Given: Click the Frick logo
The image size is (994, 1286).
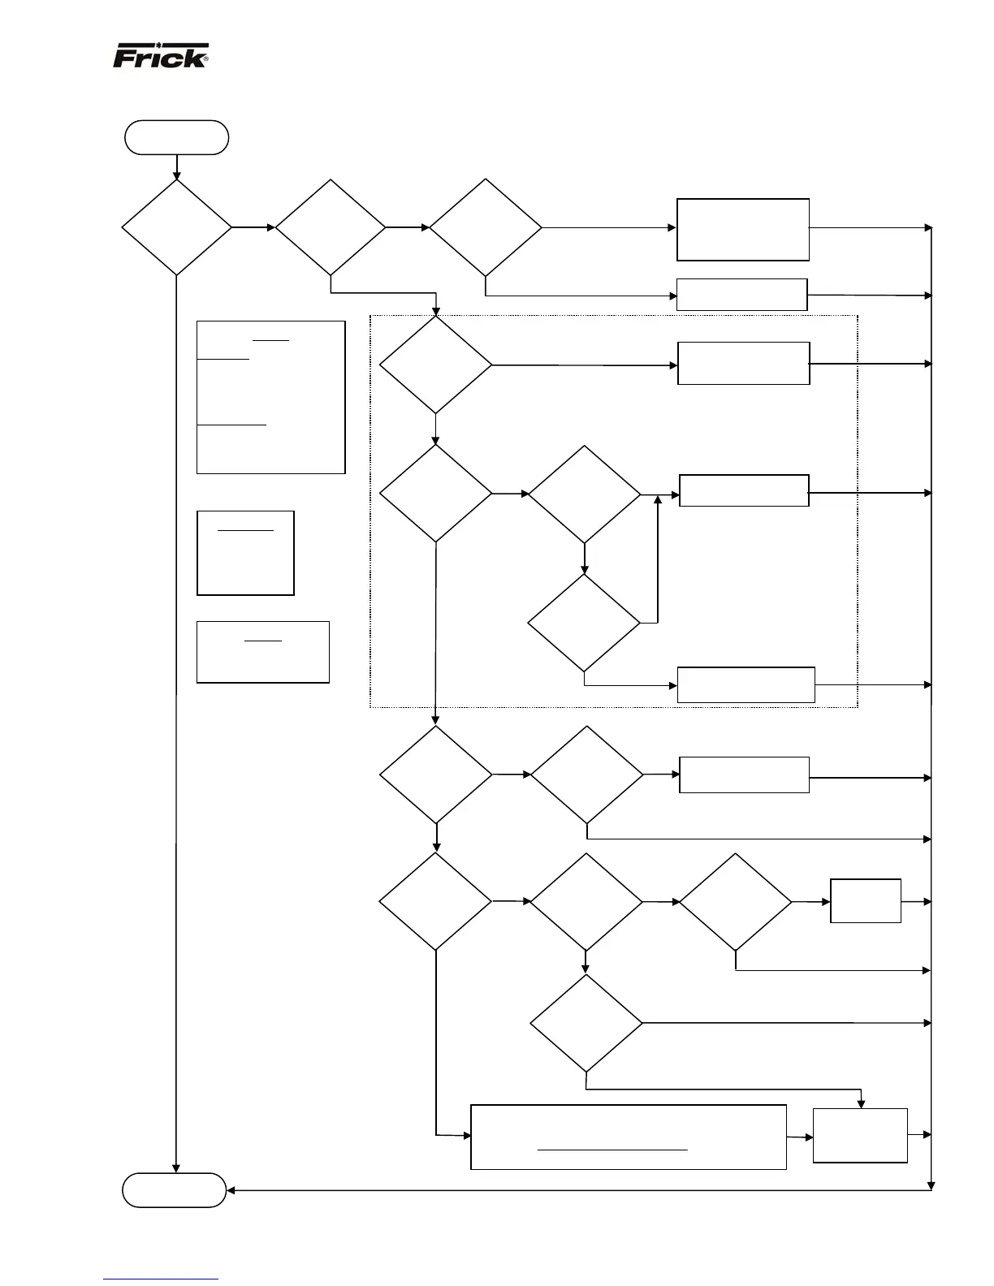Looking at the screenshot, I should tap(160, 56).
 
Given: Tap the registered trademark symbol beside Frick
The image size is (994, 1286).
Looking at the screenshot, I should tap(205, 59).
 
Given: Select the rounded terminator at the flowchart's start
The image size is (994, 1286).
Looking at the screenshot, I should tap(176, 137).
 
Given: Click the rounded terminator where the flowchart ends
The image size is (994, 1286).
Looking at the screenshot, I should tap(174, 1190).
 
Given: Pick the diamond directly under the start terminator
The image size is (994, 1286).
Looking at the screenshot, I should tap(176, 227).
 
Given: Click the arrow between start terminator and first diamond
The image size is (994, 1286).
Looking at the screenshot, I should tap(176, 167).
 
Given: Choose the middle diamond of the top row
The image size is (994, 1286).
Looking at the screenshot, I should tap(331, 227).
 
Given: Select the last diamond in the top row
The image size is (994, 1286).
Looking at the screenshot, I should tap(485, 227).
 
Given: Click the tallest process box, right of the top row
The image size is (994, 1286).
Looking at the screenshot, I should tap(743, 230).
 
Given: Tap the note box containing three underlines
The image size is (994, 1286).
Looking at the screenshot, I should tap(270, 397).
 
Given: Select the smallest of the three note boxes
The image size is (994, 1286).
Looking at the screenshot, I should tap(245, 553).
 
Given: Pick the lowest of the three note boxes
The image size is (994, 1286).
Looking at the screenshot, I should tap(263, 652).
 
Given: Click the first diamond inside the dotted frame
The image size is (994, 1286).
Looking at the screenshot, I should tap(435, 365).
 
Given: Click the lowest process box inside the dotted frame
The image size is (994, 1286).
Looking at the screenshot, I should tap(745, 684).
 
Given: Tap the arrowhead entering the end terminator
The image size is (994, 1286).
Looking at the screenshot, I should tap(231, 1190).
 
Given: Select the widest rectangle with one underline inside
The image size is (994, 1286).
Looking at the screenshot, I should tap(629, 1137).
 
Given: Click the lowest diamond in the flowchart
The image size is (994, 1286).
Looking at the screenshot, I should tap(586, 1023).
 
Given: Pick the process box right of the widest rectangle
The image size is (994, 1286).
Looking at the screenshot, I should tap(860, 1135).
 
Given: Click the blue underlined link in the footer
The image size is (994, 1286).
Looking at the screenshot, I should tap(161, 1280).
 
